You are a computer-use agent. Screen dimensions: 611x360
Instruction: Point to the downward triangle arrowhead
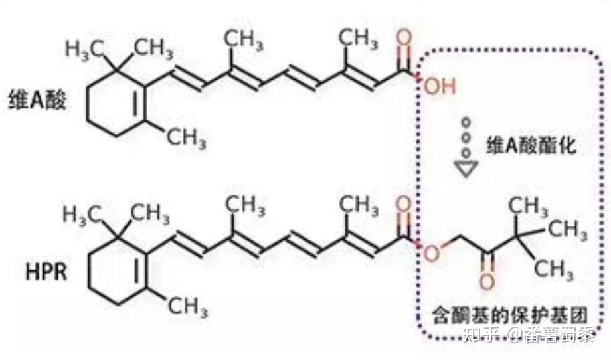pyautogui.click(x=468, y=168)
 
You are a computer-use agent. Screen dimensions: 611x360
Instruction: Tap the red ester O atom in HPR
pyautogui.click(x=432, y=253)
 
